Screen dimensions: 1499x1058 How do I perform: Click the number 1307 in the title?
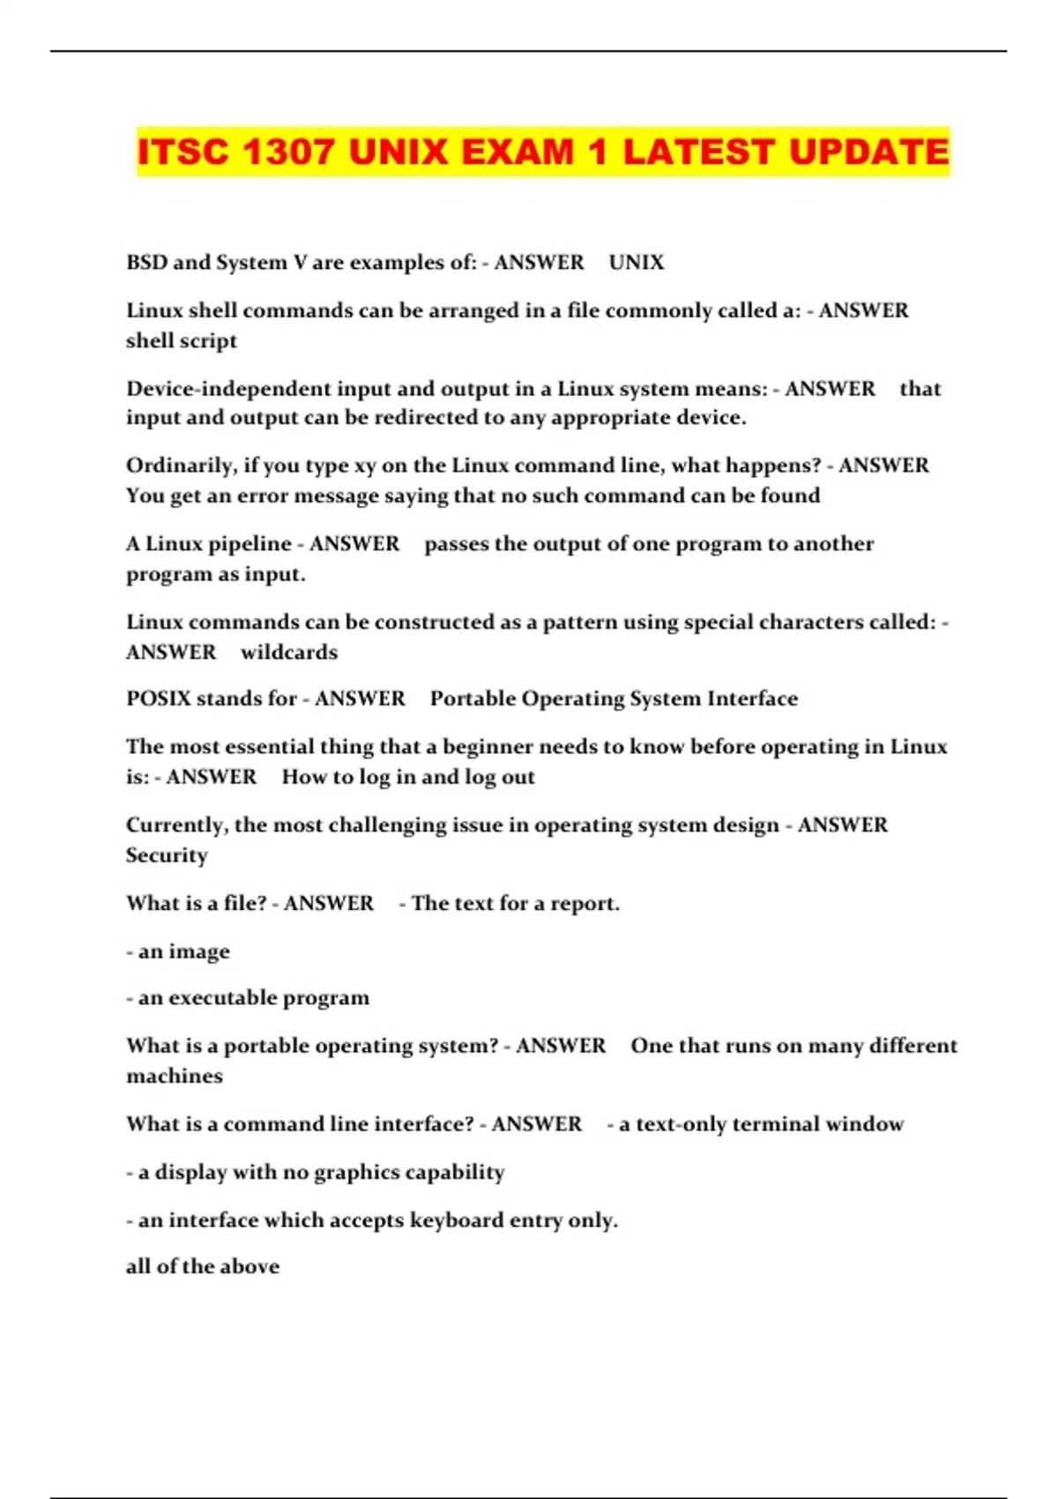[288, 153]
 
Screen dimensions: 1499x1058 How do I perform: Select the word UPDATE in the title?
[868, 153]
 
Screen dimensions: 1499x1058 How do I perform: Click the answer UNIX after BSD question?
[637, 263]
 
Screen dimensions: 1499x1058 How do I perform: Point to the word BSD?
[146, 263]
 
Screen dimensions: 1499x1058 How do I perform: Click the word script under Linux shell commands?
[211, 341]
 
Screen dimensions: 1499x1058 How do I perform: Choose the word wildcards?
[289, 653]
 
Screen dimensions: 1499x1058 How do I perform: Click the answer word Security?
[167, 855]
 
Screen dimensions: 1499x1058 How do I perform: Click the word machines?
[175, 1077]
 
